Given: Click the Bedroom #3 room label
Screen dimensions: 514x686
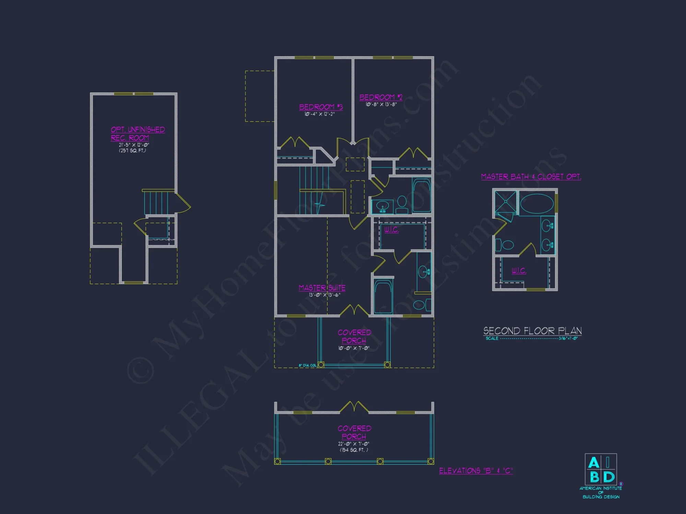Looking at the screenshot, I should [321, 107].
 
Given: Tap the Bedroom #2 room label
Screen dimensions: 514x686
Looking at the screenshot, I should [381, 97].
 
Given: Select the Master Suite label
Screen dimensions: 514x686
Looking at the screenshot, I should [322, 288].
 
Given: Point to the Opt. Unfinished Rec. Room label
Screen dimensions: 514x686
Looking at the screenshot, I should [138, 134].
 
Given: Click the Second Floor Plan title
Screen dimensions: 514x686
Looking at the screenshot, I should [532, 331].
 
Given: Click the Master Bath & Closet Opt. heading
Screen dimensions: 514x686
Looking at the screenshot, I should [531, 176].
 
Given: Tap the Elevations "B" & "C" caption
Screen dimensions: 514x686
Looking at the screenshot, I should [476, 470].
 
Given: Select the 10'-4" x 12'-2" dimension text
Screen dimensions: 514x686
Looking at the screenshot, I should [319, 114].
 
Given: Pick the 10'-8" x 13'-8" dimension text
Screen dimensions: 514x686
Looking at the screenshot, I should [381, 105].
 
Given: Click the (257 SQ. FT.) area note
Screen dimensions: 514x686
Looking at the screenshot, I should [132, 150].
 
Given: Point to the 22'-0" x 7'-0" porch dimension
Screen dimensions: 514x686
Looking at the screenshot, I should [354, 444].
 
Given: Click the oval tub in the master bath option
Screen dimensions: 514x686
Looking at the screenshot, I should [537, 204].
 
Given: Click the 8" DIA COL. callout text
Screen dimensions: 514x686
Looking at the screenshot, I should [307, 365].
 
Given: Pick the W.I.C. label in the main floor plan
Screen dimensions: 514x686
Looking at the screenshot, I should [391, 230].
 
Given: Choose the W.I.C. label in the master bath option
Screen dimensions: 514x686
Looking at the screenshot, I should [519, 271].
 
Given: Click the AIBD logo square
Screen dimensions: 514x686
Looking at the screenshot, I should [601, 469].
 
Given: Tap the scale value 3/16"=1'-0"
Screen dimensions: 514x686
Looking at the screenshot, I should [568, 339].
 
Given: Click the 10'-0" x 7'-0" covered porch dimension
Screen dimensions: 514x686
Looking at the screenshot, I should [354, 348].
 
